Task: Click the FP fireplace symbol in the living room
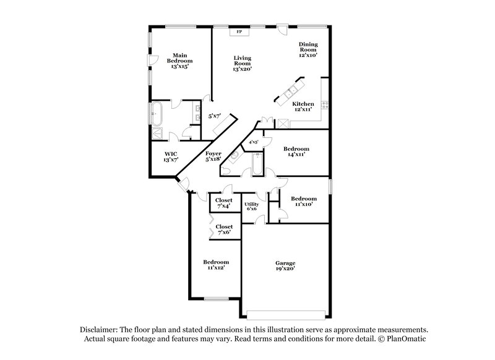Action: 239,30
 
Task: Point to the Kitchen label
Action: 303,106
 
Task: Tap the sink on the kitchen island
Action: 290,94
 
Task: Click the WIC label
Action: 171,156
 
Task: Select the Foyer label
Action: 213,155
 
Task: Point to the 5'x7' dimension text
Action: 214,116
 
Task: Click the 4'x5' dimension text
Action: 254,142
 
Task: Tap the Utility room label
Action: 251,207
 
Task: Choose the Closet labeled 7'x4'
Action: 223,203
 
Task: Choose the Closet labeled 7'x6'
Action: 223,229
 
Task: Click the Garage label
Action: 285,266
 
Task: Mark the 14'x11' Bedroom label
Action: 296,152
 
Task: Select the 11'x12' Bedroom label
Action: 216,265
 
